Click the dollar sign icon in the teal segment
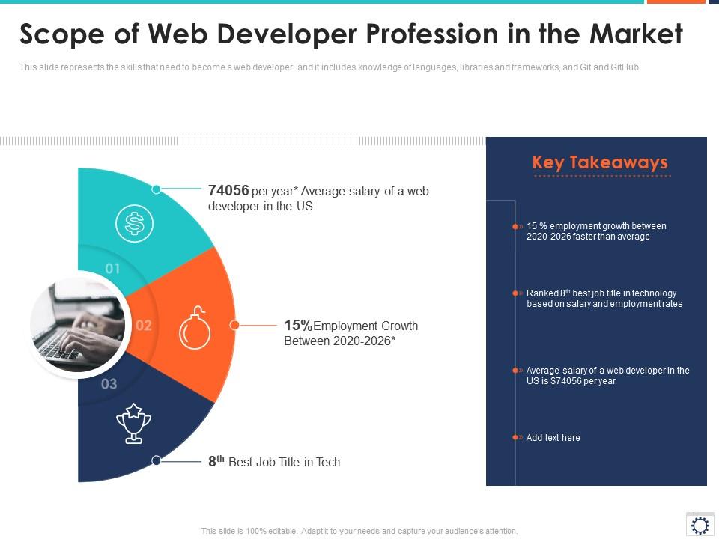[x=135, y=222]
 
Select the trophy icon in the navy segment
[x=133, y=423]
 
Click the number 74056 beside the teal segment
[x=228, y=191]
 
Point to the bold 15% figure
[x=298, y=326]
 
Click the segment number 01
[x=112, y=268]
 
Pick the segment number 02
[x=143, y=326]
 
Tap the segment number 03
[x=109, y=384]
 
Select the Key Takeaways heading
[x=599, y=162]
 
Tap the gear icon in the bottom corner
[x=700, y=525]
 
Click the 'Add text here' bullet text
[x=553, y=438]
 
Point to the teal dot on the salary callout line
[x=157, y=189]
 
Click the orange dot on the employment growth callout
[x=234, y=326]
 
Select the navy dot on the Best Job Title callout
[x=157, y=461]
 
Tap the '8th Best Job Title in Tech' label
[x=274, y=462]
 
